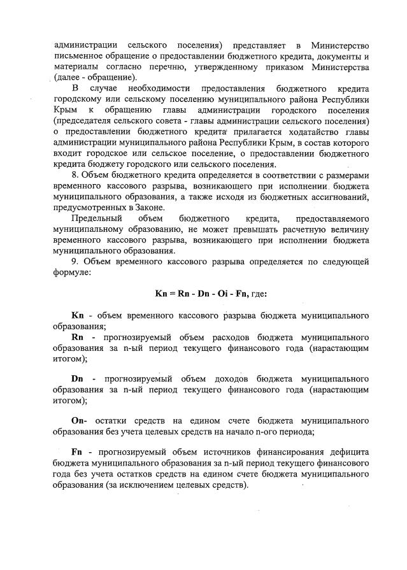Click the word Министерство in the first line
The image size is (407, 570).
(x=341, y=46)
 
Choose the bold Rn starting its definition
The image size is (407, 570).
(x=78, y=336)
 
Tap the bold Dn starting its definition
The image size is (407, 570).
(x=78, y=378)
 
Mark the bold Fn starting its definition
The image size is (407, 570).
(x=78, y=452)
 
